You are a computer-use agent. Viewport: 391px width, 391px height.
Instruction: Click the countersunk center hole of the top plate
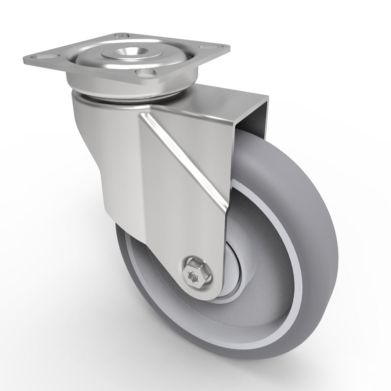click(138, 51)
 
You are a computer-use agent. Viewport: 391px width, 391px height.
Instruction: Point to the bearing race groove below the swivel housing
click(129, 98)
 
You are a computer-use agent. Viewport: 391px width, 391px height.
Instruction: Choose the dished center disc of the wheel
click(254, 266)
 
